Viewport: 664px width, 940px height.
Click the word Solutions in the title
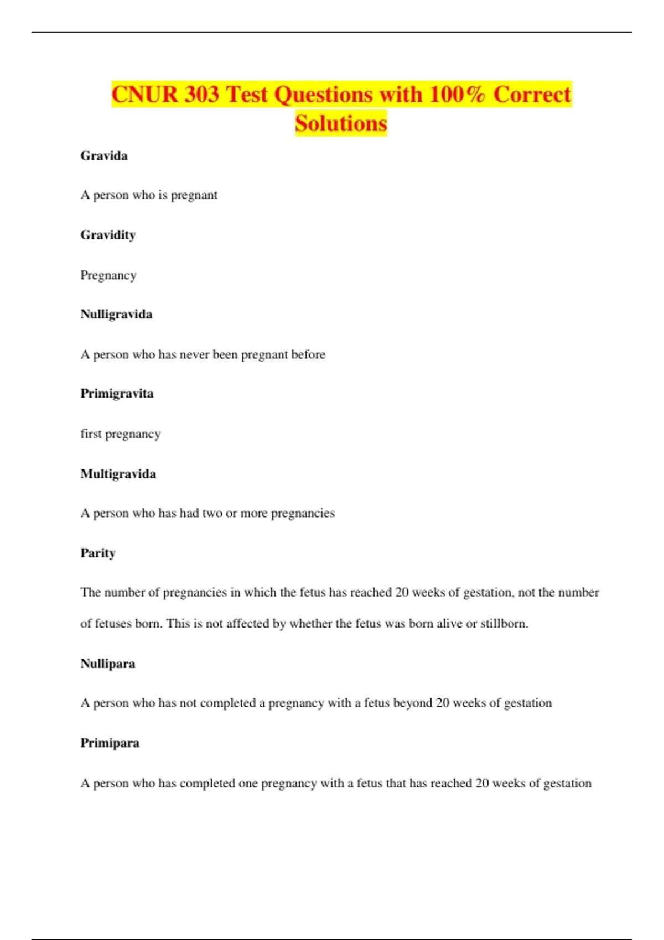(x=341, y=123)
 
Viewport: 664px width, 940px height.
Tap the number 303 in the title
(x=201, y=94)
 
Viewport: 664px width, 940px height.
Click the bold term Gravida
(x=104, y=156)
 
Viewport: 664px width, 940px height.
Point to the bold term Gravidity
(x=108, y=235)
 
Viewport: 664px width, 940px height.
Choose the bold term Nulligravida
(x=116, y=314)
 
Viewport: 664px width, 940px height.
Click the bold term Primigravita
(x=117, y=394)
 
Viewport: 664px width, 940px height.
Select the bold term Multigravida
(x=118, y=474)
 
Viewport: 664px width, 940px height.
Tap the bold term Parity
(x=98, y=553)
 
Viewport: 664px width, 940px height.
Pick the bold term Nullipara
(x=108, y=664)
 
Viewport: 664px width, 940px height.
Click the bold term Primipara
(x=110, y=743)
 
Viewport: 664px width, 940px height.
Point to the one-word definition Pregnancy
(x=108, y=275)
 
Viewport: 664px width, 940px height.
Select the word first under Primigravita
(x=91, y=434)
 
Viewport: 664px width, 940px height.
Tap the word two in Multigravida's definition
(x=212, y=513)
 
